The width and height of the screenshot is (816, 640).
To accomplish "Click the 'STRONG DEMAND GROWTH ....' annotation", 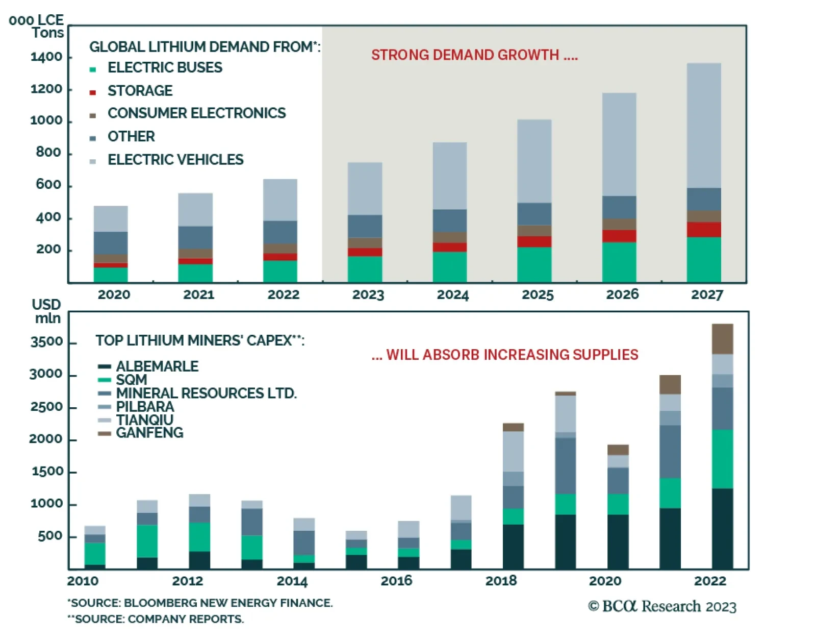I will [474, 55].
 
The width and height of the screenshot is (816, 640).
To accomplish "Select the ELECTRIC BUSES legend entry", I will [165, 67].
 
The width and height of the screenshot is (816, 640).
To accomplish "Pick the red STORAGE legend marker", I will [93, 92].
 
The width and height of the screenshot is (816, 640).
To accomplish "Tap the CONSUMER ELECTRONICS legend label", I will [196, 113].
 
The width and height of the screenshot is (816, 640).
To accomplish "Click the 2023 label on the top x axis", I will [368, 295].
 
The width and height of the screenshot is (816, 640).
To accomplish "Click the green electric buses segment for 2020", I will [111, 274].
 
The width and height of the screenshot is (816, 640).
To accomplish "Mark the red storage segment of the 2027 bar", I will [704, 229].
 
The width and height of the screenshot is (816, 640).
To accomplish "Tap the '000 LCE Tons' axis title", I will [37, 27].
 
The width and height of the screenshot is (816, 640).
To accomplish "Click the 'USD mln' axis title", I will [46, 311].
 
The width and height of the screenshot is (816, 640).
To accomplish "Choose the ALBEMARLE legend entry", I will [157, 366].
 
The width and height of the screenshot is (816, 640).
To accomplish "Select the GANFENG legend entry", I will [149, 433].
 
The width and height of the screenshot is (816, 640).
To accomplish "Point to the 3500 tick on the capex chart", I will [46, 342].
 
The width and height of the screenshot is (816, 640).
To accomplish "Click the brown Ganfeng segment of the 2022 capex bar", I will [722, 339].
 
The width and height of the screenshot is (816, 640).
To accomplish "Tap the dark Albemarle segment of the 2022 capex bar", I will [722, 528].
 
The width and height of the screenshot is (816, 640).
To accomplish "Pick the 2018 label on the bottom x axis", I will [501, 581].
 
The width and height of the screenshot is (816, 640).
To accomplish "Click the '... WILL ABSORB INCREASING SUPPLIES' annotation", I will [505, 355].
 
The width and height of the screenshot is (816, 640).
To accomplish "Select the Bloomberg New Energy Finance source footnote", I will [200, 603].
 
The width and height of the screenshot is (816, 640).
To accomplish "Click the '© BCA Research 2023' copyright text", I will [662, 606].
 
